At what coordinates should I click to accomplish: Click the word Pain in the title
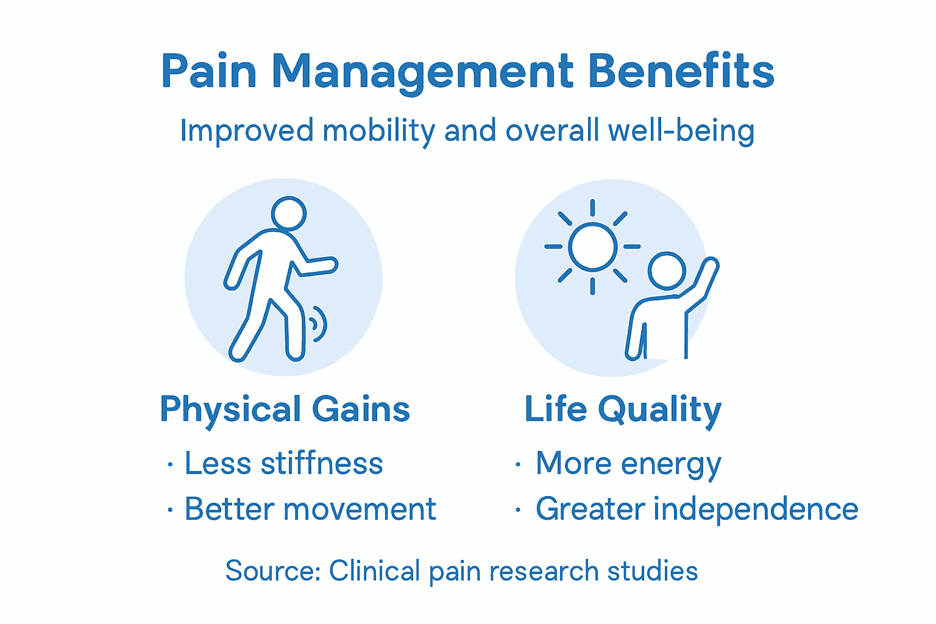coord(209,71)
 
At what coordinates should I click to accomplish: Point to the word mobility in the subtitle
coord(378,132)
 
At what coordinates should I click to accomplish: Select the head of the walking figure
coord(288,213)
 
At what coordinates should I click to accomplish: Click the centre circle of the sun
coord(592,247)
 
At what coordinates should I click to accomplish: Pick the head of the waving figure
coord(667,271)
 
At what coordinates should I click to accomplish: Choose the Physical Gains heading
coord(285,409)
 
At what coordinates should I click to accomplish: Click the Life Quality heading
coord(623,409)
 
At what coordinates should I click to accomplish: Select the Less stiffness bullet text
coord(283,463)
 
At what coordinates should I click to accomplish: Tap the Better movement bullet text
coord(310,509)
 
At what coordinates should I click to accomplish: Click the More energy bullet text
coord(628,464)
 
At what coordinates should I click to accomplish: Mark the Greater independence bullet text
coord(697,509)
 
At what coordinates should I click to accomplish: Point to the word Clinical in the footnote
coord(375,571)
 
